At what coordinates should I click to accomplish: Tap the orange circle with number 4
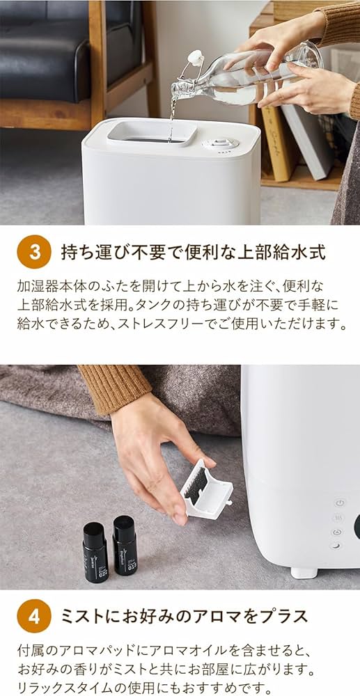pos(33,615)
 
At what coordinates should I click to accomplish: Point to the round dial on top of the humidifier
pos(220,143)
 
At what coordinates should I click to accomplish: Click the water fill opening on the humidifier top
pos(152,132)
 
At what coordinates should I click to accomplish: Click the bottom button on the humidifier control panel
pos(337,546)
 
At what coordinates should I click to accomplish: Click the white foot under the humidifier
pos(304,572)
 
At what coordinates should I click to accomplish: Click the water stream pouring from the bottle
pos(172,115)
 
